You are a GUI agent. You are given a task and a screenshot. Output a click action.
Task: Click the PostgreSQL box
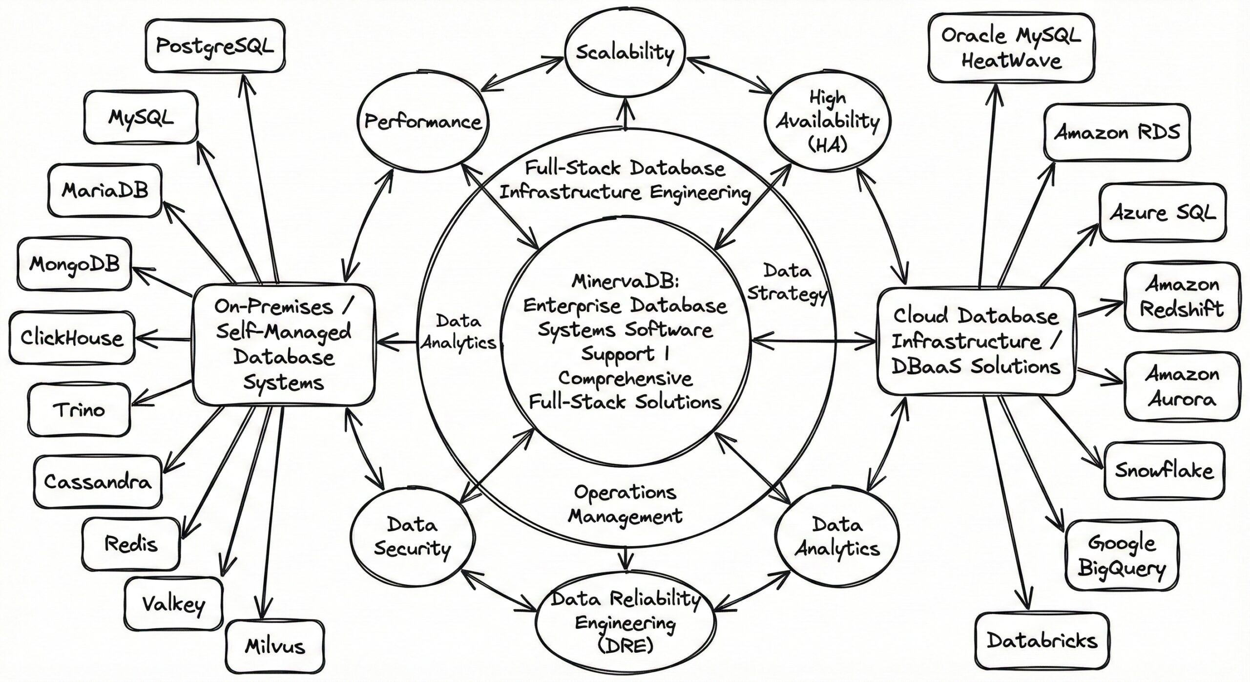coord(215,46)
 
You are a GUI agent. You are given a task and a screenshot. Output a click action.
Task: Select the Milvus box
coord(275,646)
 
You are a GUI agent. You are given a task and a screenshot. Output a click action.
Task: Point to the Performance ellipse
coord(423,122)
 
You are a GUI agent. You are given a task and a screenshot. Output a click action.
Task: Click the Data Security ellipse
coord(413,536)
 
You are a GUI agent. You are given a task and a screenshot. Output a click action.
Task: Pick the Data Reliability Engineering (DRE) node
coord(625,621)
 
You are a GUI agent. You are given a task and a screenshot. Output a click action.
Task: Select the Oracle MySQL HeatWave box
coord(1011,48)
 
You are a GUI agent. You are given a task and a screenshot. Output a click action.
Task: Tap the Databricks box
coord(1042,640)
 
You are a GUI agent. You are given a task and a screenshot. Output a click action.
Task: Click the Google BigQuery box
coord(1121,556)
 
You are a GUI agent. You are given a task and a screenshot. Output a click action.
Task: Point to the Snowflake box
coord(1164,470)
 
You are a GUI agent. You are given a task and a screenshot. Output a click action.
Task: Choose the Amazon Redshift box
coord(1182,297)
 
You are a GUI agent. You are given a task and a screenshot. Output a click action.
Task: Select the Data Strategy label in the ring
coord(787,282)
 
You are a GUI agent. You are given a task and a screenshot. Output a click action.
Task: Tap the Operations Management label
coord(625,504)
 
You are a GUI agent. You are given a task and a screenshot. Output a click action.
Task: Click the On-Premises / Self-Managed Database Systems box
coord(283,344)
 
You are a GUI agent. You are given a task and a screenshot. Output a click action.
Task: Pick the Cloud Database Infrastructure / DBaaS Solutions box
coord(976,341)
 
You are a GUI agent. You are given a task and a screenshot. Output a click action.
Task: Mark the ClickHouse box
coord(72,338)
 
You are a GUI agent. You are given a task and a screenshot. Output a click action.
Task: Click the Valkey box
coord(173,604)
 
